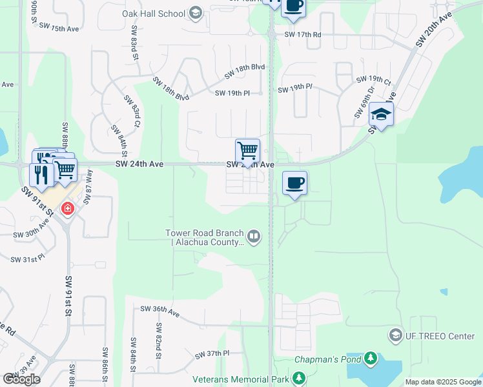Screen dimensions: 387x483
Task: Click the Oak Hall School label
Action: [x=153, y=14]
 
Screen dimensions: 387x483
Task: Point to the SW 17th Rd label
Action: [x=303, y=34]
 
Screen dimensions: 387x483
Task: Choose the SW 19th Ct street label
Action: [x=374, y=81]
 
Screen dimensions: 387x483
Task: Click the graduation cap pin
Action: [x=381, y=114]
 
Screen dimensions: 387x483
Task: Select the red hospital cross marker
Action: [x=67, y=209]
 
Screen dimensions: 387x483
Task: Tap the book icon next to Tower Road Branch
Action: [x=254, y=237]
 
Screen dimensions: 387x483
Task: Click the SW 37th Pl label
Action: [x=212, y=353]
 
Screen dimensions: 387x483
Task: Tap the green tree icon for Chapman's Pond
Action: [x=370, y=358]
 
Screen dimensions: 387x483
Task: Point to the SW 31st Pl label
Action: [x=28, y=259]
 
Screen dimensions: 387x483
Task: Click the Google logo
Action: [x=21, y=379]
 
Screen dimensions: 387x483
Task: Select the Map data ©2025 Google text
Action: [x=443, y=382]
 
